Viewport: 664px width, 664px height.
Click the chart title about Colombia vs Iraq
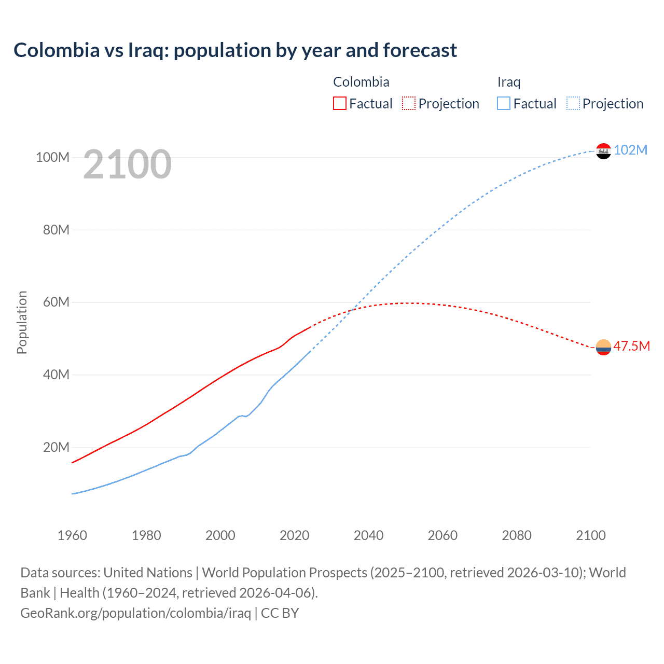coord(235,50)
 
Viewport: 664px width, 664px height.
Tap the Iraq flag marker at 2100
coord(603,151)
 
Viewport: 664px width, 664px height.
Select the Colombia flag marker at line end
coord(603,347)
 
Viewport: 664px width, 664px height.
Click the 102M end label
coord(630,150)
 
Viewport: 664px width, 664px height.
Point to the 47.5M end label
coord(631,346)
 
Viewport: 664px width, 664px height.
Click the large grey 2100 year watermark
coord(127,164)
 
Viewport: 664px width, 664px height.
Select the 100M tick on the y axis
coord(52,157)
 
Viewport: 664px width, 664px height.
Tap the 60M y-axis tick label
coord(56,302)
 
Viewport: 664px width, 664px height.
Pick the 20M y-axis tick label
coord(56,447)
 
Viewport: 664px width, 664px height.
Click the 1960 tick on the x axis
coord(72,535)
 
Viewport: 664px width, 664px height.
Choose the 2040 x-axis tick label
coord(368,535)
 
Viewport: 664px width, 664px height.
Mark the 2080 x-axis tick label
coord(517,535)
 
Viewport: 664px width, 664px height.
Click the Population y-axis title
coord(22,322)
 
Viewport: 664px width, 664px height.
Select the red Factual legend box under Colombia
coord(339,103)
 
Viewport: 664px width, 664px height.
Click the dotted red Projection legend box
coord(409,103)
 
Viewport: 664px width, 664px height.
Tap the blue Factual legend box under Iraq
coord(504,103)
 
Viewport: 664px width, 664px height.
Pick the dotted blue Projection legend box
coord(573,103)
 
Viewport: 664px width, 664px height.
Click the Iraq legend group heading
coord(508,82)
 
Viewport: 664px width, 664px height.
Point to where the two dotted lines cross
coord(352,310)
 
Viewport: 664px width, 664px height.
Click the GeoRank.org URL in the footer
coord(135,613)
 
